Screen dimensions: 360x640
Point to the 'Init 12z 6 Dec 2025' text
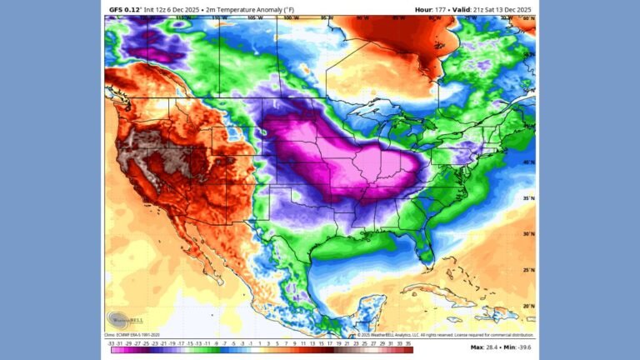tap(171, 9)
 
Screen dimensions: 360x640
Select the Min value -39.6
tap(523, 347)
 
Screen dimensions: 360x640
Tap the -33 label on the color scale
tap(112, 342)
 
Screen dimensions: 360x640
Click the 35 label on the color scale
tap(409, 342)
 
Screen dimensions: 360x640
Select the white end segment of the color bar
tap(260, 350)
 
